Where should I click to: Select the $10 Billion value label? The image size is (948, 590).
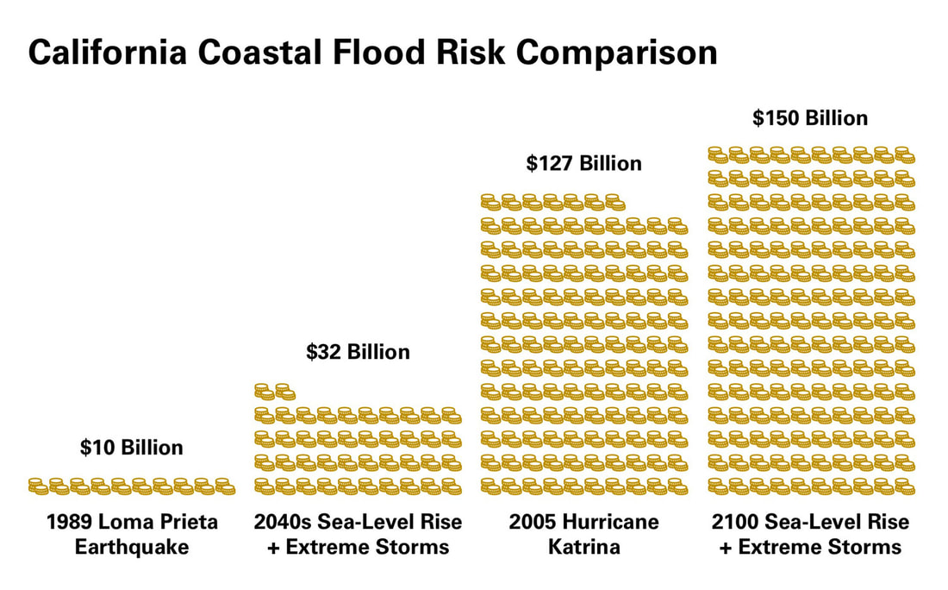[x=131, y=448]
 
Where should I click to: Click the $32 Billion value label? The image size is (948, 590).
[x=358, y=352]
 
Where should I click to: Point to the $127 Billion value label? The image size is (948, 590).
[x=583, y=163]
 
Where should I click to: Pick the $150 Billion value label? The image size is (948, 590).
[x=809, y=117]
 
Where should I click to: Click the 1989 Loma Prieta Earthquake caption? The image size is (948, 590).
[x=132, y=534]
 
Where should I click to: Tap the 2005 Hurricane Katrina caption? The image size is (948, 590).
[x=583, y=534]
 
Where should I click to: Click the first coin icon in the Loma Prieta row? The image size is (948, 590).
[x=38, y=486]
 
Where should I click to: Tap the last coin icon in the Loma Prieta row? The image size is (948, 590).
[x=225, y=486]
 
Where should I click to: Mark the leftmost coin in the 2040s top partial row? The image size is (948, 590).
[x=265, y=392]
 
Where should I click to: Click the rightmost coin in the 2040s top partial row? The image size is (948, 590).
[x=285, y=392]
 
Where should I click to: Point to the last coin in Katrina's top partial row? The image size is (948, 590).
[x=614, y=202]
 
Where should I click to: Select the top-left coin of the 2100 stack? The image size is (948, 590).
[x=718, y=154]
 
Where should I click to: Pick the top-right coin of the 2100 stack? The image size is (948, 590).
[x=904, y=154]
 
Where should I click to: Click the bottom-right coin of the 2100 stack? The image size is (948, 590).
[x=904, y=486]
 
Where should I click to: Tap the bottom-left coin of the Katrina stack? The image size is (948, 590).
[x=490, y=486]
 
